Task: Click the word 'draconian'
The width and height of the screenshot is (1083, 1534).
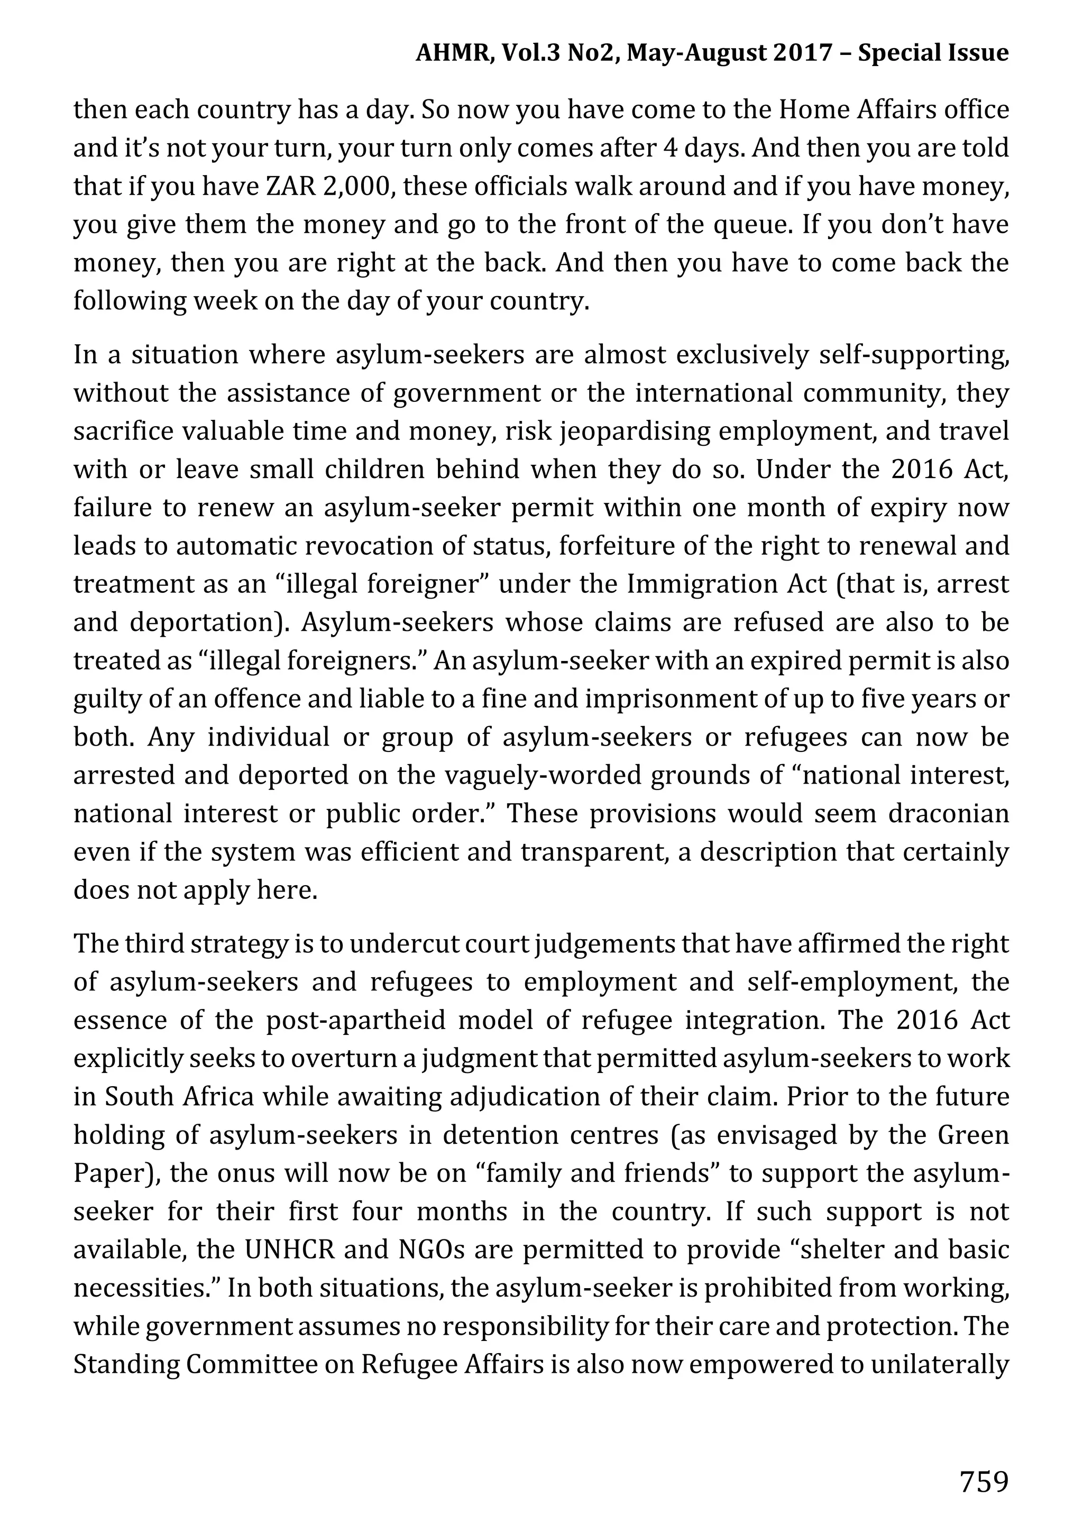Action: click(x=948, y=814)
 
